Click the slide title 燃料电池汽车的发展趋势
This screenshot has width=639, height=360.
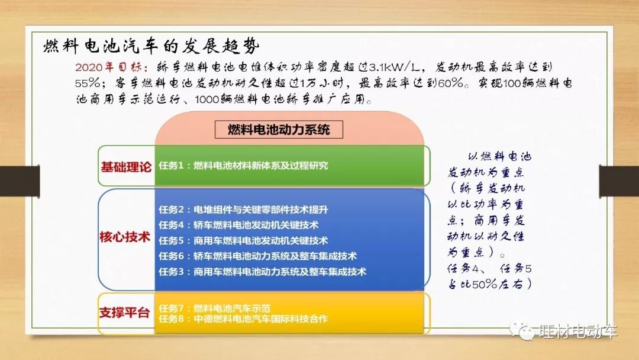click(x=151, y=46)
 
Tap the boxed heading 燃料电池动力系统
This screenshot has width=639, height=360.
click(x=279, y=130)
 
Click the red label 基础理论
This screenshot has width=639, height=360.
click(x=126, y=167)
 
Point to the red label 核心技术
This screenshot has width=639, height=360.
click(x=125, y=237)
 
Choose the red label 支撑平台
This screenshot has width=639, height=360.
click(x=125, y=313)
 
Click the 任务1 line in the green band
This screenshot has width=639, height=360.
click(x=243, y=166)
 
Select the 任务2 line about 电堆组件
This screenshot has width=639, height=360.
click(x=243, y=210)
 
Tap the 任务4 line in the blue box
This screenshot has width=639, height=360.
click(x=238, y=225)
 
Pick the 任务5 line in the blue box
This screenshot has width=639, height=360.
click(x=243, y=240)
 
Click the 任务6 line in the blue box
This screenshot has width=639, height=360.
click(x=257, y=256)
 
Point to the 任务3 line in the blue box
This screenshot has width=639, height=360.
click(x=263, y=272)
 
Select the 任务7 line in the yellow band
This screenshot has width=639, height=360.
click(x=214, y=308)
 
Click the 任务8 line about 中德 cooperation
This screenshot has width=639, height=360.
click(x=243, y=319)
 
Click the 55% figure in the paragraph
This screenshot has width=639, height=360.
click(x=87, y=83)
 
